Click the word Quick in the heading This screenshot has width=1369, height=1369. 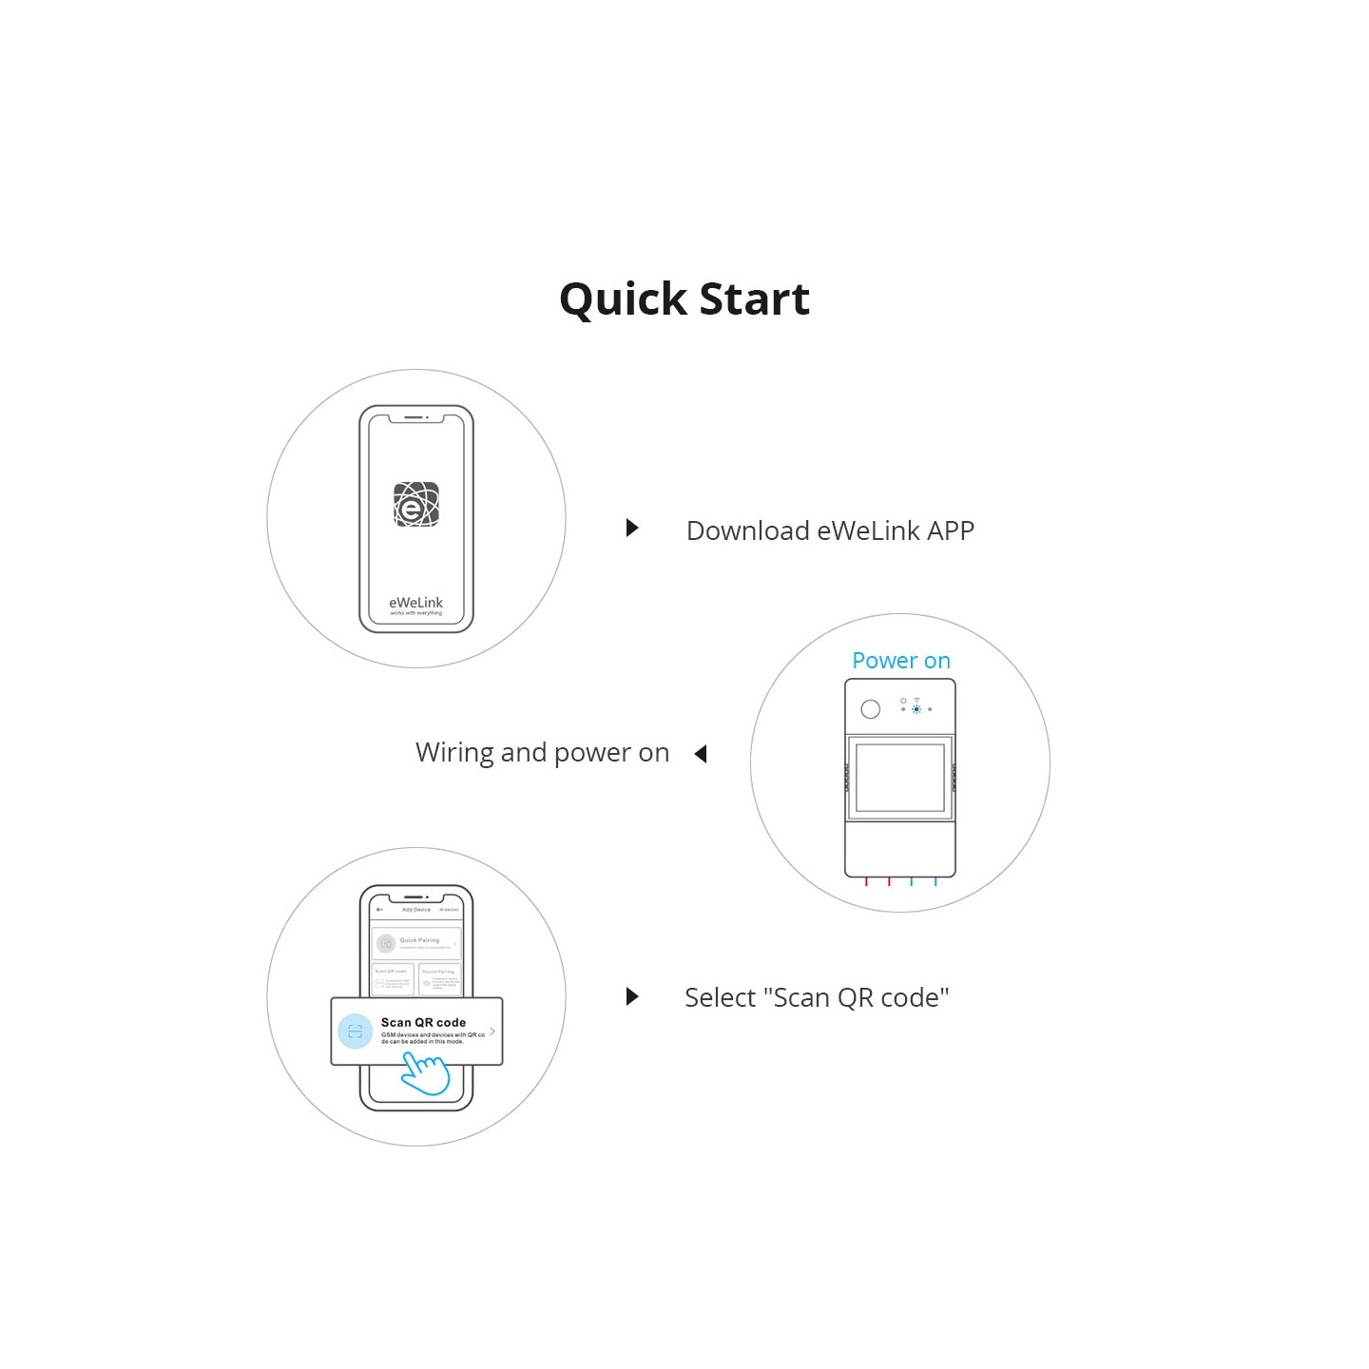[623, 300]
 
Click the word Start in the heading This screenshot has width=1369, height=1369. [754, 300]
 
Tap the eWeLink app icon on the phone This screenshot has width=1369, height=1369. [416, 505]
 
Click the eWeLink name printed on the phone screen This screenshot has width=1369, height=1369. [415, 603]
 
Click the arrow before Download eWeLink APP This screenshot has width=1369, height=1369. [632, 529]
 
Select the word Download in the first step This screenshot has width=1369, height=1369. [748, 530]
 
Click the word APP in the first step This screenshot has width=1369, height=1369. [950, 530]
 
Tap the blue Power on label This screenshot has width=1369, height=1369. [900, 661]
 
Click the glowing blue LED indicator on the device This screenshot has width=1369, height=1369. [916, 709]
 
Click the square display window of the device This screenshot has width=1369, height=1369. [900, 778]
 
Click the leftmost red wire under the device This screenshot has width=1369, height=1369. [866, 882]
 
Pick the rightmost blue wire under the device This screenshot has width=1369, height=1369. [935, 882]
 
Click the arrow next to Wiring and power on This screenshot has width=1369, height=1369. [701, 754]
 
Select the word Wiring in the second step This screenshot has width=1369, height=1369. [454, 753]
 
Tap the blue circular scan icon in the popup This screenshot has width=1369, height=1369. [355, 1032]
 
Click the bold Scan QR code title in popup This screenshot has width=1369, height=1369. [423, 1023]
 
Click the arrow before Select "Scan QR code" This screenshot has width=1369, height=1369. [632, 996]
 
